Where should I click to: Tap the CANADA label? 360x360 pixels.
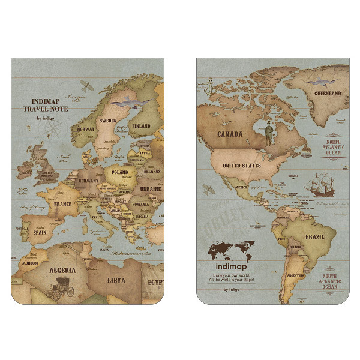pyautogui.click(x=230, y=134)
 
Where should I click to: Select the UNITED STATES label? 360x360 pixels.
pyautogui.click(x=241, y=166)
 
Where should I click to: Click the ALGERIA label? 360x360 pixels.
pyautogui.click(x=62, y=270)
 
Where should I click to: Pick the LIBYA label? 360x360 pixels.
pyautogui.click(x=116, y=280)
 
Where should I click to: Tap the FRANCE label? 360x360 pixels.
pyautogui.click(x=63, y=204)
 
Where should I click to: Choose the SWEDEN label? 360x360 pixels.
pyautogui.click(x=107, y=121)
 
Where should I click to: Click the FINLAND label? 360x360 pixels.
pyautogui.click(x=141, y=127)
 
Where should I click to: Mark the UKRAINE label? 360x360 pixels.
pyautogui.click(x=151, y=189)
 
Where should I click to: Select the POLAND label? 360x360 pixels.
pyautogui.click(x=121, y=173)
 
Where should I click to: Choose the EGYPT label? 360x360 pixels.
pyautogui.click(x=154, y=281)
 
